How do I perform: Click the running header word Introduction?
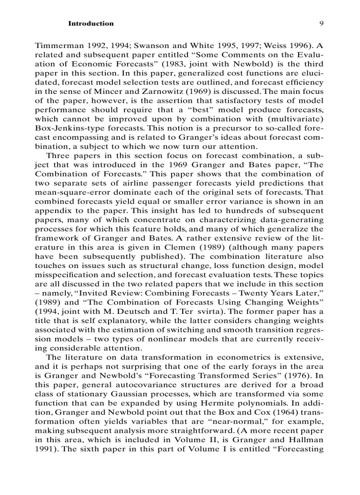pos(90,23)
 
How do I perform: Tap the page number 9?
pos(322,23)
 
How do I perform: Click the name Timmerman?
pos(57,45)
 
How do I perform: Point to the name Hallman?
pos(305,439)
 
